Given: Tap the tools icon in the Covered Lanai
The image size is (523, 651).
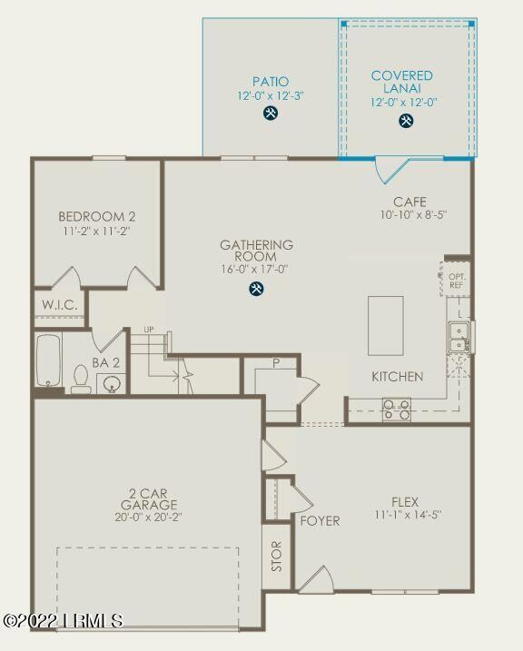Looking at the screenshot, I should click(406, 122).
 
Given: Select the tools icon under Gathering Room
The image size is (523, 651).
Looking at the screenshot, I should click(257, 289).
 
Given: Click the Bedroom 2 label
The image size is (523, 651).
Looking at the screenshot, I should click(97, 217).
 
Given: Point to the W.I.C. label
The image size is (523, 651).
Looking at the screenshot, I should click(60, 305).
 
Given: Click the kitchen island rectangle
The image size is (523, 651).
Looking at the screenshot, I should click(385, 325).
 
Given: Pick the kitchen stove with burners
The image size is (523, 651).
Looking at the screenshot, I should click(397, 410).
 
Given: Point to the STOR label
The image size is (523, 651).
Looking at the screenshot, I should click(277, 556).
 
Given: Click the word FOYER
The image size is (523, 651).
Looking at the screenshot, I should click(320, 521).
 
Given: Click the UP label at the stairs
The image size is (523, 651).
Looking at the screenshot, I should click(149, 330).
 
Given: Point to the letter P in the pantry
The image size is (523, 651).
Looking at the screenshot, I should click(274, 364).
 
